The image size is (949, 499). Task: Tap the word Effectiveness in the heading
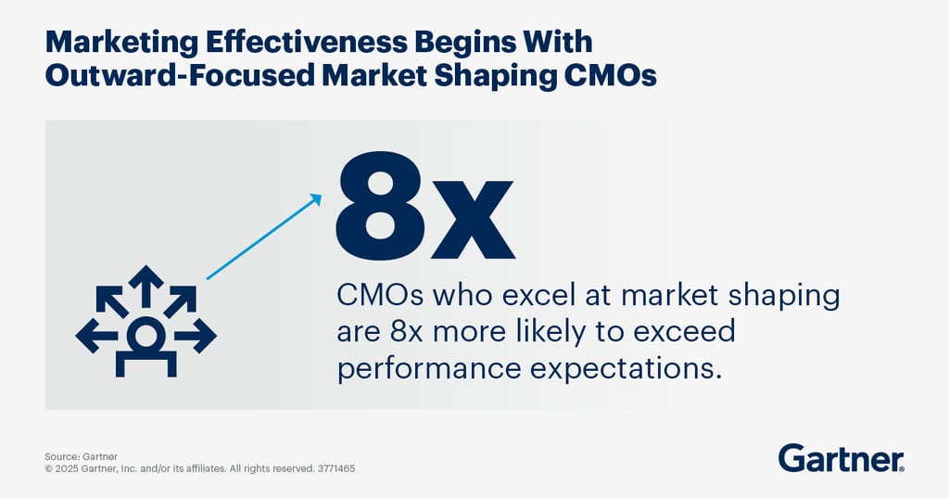pyautogui.click(x=306, y=42)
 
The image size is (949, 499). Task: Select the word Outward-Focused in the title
pyautogui.click(x=180, y=76)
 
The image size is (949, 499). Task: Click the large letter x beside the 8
pyautogui.click(x=470, y=219)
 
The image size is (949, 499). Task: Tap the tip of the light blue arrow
pyautogui.click(x=321, y=195)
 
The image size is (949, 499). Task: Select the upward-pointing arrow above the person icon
pyautogui.click(x=146, y=286)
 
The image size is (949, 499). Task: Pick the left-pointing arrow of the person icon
pyautogui.click(x=96, y=335)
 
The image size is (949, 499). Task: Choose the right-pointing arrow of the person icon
pyautogui.click(x=195, y=335)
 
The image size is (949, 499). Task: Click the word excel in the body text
pyautogui.click(x=538, y=295)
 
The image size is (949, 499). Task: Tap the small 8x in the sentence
pyautogui.click(x=406, y=332)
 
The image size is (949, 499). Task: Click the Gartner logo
pyautogui.click(x=841, y=458)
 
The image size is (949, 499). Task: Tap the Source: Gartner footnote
pyautogui.click(x=82, y=456)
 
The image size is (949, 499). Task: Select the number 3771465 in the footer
pyautogui.click(x=336, y=468)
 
